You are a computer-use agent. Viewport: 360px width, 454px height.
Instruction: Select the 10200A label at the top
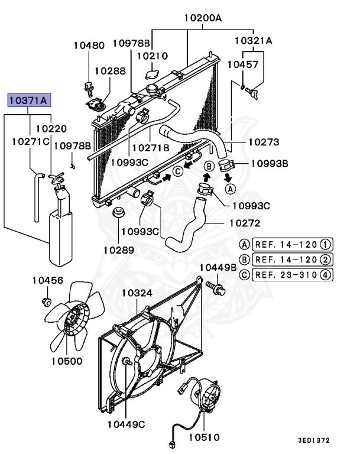coord(202,18)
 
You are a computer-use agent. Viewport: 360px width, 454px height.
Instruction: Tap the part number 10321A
coord(253,41)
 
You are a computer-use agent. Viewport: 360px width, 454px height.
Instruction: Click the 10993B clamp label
coord(269,163)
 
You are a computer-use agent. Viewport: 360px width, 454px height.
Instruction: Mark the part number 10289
coord(119,249)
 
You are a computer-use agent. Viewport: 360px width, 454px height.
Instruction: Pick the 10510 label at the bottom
coord(204,437)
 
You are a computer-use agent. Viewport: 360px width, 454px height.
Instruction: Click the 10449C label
coord(127,424)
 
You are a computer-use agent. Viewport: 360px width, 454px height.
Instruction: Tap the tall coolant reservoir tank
coord(59,231)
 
